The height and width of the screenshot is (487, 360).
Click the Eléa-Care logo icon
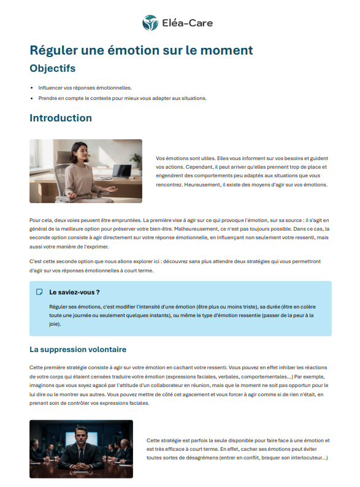tap(150, 23)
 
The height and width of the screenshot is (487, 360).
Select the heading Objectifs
tap(53, 68)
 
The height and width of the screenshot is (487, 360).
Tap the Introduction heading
tap(61, 118)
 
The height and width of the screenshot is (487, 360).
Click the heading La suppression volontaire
tap(78, 350)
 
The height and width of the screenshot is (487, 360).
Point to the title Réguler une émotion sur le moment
tap(141, 50)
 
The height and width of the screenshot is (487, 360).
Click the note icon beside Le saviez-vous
tap(39, 292)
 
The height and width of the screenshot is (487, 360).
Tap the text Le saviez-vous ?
tap(74, 292)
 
